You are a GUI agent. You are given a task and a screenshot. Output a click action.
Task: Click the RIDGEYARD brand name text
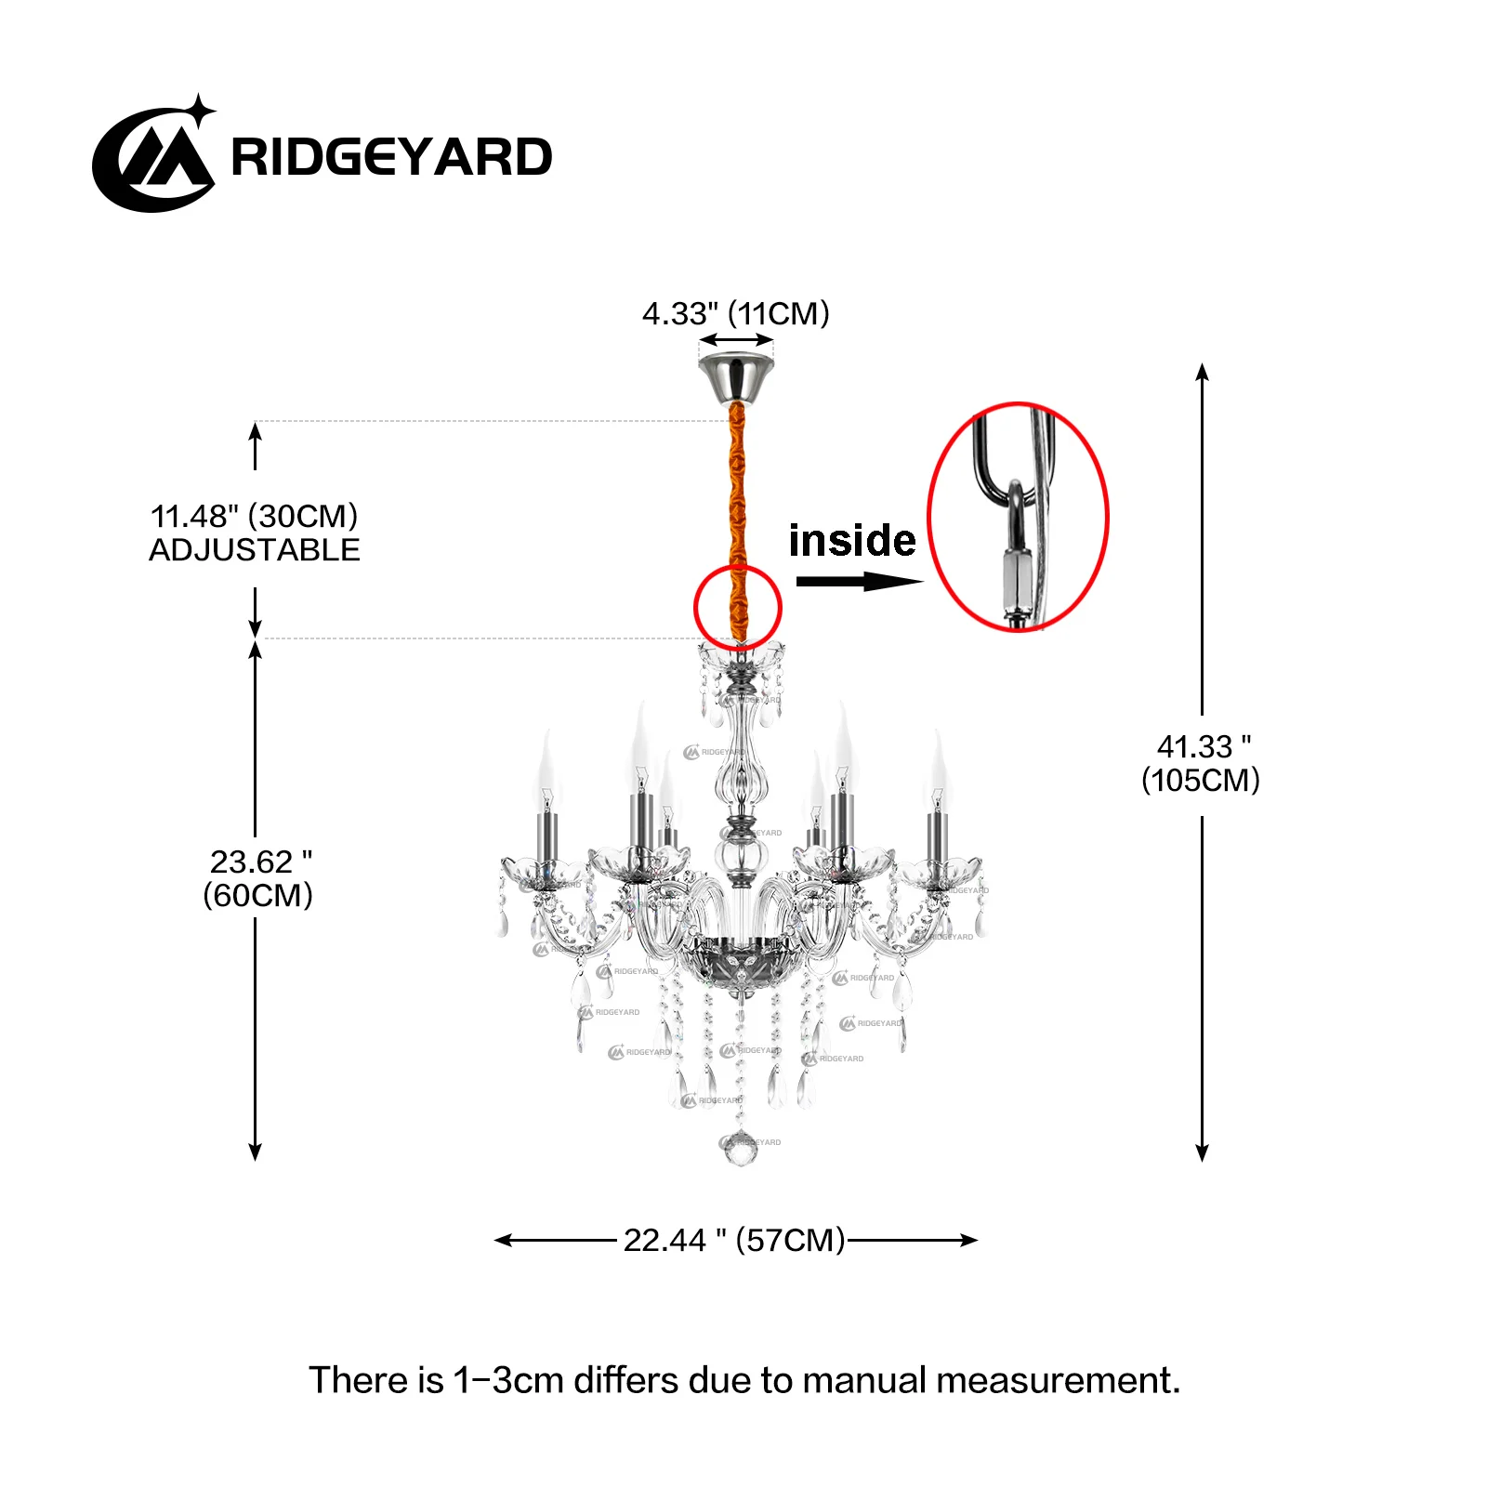point(391,156)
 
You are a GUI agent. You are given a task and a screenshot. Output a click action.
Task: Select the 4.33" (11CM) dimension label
point(735,313)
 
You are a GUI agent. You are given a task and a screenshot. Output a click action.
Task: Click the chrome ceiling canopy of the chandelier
point(736,376)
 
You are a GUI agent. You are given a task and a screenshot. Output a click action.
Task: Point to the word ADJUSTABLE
point(254,550)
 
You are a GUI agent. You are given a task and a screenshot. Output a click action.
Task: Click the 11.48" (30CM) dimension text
point(254,516)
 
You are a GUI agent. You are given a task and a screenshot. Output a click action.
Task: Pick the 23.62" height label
point(259,878)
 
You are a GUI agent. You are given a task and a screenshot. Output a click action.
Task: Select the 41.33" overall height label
point(1201,763)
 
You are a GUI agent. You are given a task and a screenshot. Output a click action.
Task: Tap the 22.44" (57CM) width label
point(733,1240)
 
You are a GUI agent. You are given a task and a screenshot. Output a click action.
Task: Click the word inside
point(852,540)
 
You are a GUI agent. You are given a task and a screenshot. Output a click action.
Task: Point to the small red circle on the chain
point(738,607)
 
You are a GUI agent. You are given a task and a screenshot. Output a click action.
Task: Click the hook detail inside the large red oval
point(1017,530)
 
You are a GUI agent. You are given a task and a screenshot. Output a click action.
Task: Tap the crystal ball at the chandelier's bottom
point(741,1149)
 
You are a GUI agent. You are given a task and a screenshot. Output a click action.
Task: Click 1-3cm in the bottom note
point(508,1380)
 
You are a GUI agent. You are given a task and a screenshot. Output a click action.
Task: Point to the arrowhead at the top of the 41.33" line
point(1202,372)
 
